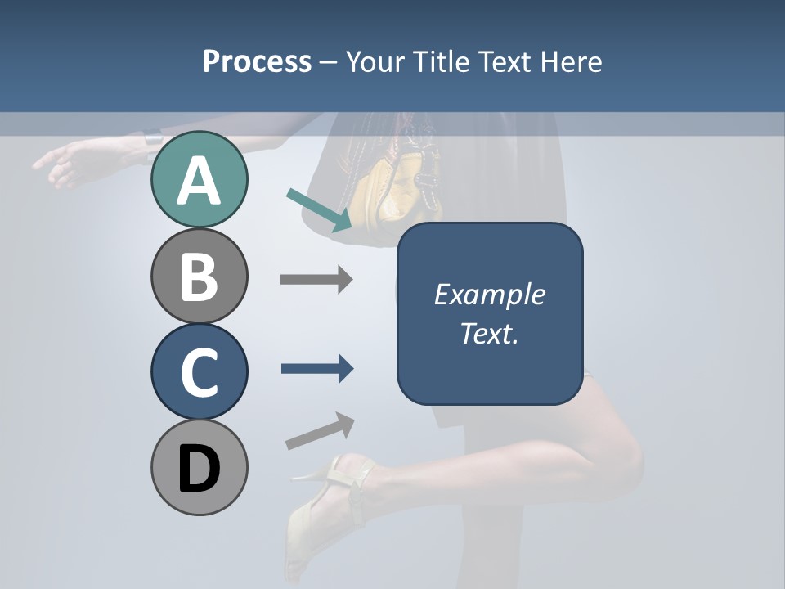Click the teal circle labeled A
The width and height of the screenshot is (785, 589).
coord(199,179)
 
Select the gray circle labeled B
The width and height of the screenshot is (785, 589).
coord(199,276)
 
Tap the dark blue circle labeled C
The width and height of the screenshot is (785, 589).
coord(199,371)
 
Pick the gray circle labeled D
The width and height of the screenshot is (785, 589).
coord(199,467)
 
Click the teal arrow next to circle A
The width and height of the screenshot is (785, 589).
coord(320,209)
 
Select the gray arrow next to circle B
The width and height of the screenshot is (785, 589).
coord(316,280)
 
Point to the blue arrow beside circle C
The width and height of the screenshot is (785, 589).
coord(317,369)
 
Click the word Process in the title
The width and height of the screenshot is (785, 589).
coord(257,62)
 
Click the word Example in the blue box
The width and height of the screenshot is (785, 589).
coord(489,294)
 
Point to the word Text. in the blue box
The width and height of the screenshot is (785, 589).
coord(489,333)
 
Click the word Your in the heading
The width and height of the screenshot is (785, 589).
coord(375,62)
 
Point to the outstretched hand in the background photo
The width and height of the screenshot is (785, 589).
coord(65,164)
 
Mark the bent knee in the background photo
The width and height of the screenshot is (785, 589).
coord(626,458)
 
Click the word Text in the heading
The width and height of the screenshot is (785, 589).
coord(502,62)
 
